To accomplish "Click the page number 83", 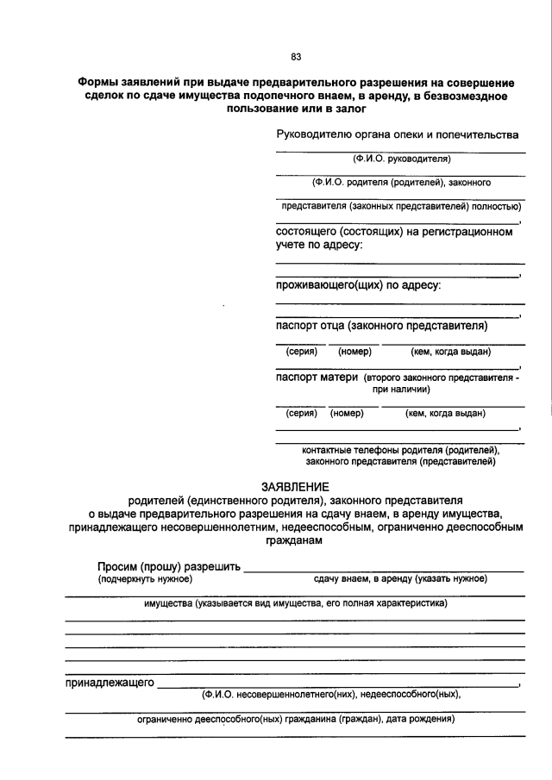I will click(x=296, y=57).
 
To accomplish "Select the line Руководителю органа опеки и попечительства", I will click(x=397, y=134).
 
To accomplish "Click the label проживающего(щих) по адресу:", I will click(x=358, y=284).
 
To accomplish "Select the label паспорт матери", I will click(x=316, y=378).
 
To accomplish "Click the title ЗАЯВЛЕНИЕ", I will click(x=296, y=486).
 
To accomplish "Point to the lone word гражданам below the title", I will click(x=296, y=541).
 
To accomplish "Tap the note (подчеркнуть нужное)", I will click(x=143, y=578).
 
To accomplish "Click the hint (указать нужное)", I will click(x=451, y=578).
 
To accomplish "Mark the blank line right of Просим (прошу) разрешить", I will click(x=384, y=571).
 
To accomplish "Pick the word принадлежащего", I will click(x=110, y=683).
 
